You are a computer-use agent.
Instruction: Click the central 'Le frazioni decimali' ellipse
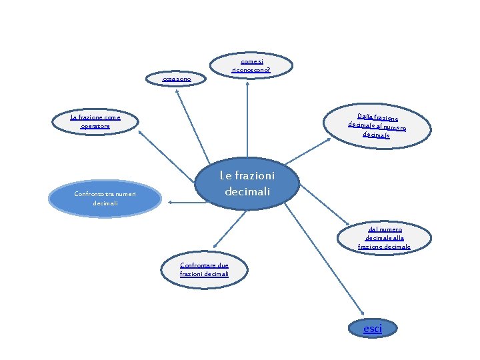(247, 184)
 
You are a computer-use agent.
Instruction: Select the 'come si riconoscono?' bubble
(251, 65)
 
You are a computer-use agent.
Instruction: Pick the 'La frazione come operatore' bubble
(95, 121)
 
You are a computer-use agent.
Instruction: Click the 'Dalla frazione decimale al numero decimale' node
(377, 125)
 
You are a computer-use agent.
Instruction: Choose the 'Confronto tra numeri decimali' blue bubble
(105, 198)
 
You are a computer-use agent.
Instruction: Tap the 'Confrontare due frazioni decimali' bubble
(204, 269)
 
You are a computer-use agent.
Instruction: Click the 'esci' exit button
(373, 329)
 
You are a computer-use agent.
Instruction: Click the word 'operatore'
(95, 126)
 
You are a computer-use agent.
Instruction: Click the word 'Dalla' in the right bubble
(364, 116)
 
